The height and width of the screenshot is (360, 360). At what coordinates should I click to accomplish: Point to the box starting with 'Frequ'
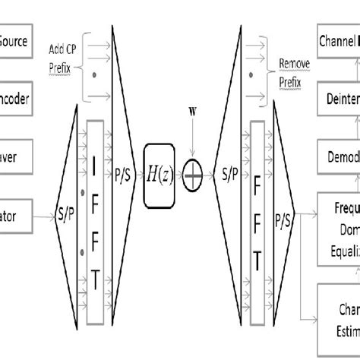339,225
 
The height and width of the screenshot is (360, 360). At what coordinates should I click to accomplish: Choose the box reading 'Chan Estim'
339,320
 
